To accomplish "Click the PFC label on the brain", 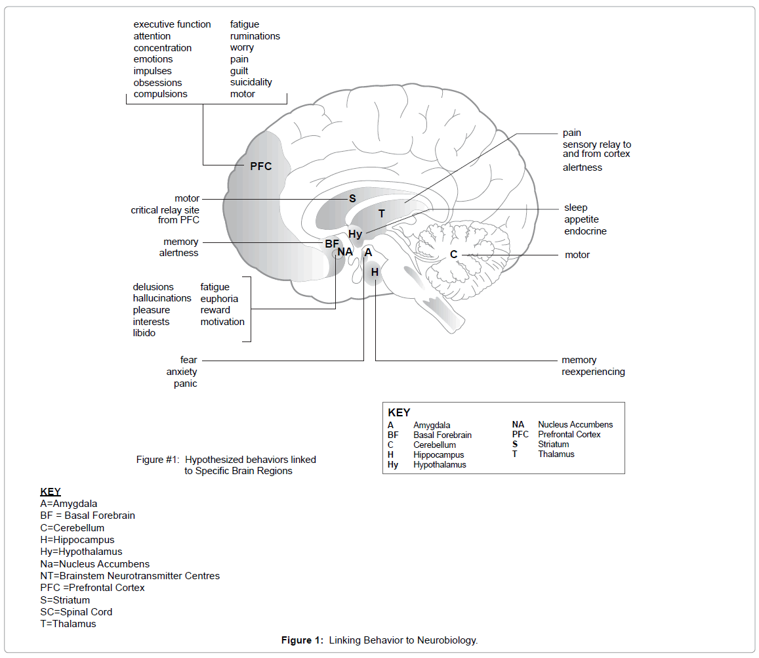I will click(x=260, y=166).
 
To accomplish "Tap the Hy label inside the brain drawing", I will click(x=355, y=234).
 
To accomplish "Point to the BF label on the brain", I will click(x=332, y=244).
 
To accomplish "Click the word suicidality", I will click(x=251, y=82).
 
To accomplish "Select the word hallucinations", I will click(x=162, y=298).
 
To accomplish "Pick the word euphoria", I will click(x=219, y=299).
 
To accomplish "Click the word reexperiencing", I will click(x=593, y=372).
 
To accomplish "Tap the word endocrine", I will click(x=585, y=231).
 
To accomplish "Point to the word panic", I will click(x=185, y=384).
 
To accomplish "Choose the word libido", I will click(x=144, y=333).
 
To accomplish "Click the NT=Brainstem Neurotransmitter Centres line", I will click(x=130, y=576).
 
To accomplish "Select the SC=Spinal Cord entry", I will click(x=76, y=612).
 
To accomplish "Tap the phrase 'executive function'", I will click(x=172, y=24).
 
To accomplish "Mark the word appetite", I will click(x=581, y=219).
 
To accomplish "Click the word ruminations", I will click(x=255, y=36).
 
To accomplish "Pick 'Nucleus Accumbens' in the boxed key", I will click(x=575, y=424).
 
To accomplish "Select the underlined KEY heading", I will click(x=51, y=491).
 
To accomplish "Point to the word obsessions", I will click(x=157, y=83).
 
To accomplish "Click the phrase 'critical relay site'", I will click(x=165, y=210).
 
